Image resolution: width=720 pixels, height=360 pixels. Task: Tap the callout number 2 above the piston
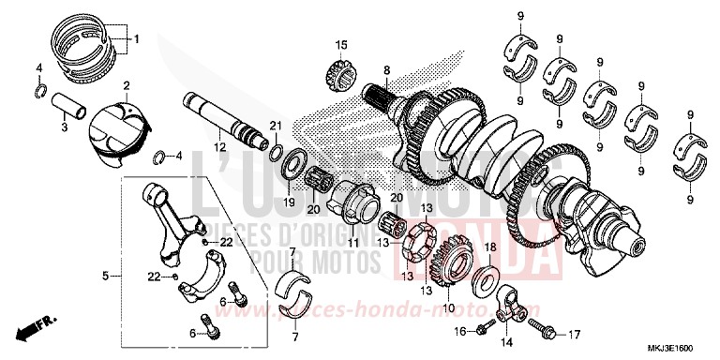coord(127,85)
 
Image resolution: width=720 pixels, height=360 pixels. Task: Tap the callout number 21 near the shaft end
coord(276,127)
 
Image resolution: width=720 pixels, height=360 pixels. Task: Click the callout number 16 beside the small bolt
coord(459,332)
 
